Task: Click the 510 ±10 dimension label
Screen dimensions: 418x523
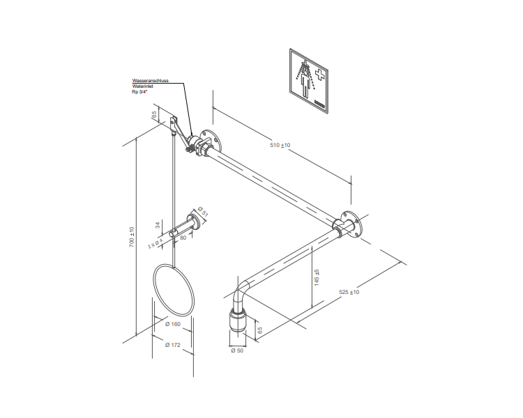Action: coord(280,145)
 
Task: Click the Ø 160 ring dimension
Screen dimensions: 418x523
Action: coord(172,324)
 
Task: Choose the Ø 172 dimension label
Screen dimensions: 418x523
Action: coord(172,345)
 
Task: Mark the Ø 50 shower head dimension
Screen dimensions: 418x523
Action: coord(236,351)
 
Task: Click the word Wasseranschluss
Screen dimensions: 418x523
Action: coord(150,80)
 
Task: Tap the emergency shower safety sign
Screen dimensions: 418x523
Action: coord(309,79)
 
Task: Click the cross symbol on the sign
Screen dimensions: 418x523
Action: coord(319,74)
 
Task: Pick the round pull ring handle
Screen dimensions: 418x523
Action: coord(174,288)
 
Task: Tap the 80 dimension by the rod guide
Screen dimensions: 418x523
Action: coord(183,238)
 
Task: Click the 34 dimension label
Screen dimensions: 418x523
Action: coord(158,224)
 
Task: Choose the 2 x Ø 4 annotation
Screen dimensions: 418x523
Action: coord(156,243)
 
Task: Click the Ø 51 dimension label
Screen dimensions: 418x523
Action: coord(202,210)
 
